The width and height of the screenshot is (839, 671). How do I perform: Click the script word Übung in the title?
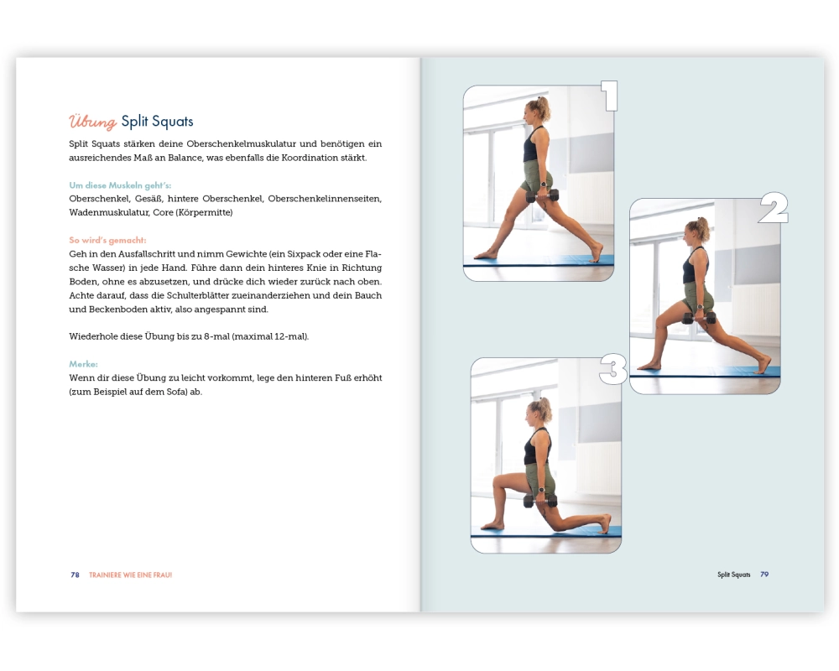(x=92, y=122)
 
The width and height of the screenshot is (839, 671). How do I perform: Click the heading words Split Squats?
(x=158, y=122)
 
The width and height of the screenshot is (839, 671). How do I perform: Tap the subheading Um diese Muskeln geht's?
(x=120, y=185)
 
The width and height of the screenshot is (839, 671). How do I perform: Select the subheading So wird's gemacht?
(x=107, y=240)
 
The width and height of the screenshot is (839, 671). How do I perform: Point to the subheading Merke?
(x=83, y=364)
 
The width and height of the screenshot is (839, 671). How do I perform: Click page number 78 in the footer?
(x=75, y=575)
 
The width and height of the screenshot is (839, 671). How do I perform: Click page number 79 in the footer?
(x=764, y=575)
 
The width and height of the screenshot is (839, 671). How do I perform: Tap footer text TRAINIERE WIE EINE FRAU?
(x=131, y=575)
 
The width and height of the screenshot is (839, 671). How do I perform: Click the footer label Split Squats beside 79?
(x=733, y=575)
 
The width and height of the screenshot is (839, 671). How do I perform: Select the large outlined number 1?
(x=609, y=96)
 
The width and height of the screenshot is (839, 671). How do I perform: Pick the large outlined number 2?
(x=774, y=208)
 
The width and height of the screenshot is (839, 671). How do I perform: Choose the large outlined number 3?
(x=612, y=369)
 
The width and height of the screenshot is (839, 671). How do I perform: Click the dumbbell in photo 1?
(x=542, y=195)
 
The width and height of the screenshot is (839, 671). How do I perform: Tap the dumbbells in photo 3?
(x=539, y=500)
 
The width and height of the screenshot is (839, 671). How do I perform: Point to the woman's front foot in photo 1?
(x=486, y=255)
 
